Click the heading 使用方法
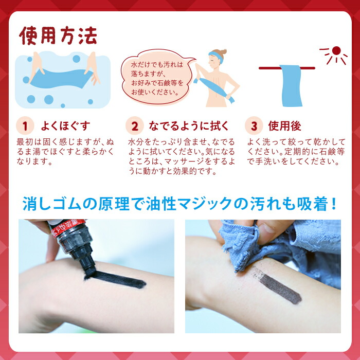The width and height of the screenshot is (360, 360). pyautogui.click(x=58, y=36)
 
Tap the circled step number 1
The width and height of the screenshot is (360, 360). pyautogui.click(x=25, y=126)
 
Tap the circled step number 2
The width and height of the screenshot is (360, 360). pyautogui.click(x=134, y=126)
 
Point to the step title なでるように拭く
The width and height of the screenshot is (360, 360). pyautogui.click(x=188, y=126)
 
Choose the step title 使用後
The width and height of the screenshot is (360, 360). pyautogui.click(x=284, y=126)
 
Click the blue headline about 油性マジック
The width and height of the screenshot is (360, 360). pyautogui.click(x=179, y=204)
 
